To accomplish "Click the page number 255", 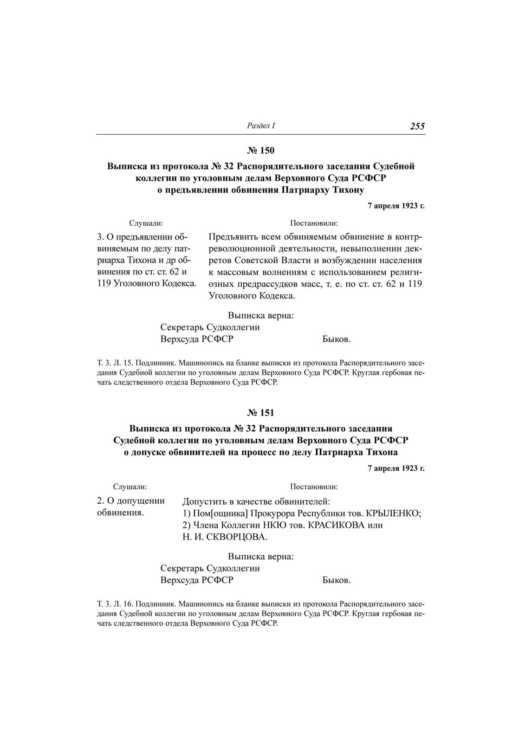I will coord(417,126).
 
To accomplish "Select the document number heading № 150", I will coord(261,150).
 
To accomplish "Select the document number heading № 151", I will coord(261,412).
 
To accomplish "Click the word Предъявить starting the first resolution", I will coord(232,236).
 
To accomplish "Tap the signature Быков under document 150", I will coord(336,339).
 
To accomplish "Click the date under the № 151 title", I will coord(396,468).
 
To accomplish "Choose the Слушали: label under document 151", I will coord(130,487).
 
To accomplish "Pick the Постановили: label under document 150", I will coord(314,223).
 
